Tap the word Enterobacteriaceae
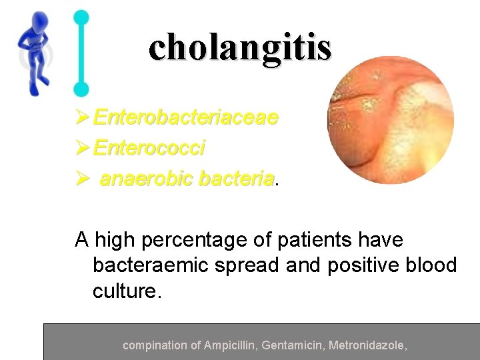click(186, 118)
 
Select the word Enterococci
click(149, 148)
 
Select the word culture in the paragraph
click(125, 291)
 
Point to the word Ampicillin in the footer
click(231, 345)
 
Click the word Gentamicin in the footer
click(291, 345)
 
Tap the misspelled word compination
click(155, 345)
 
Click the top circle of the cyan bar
click(81, 17)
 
